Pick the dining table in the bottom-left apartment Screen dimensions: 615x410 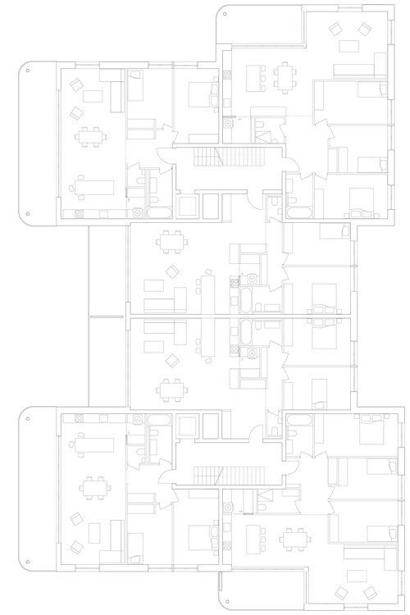(x=90, y=489)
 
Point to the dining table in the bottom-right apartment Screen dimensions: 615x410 (x=292, y=540)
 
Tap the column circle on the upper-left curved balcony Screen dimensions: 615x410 (x=28, y=72)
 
